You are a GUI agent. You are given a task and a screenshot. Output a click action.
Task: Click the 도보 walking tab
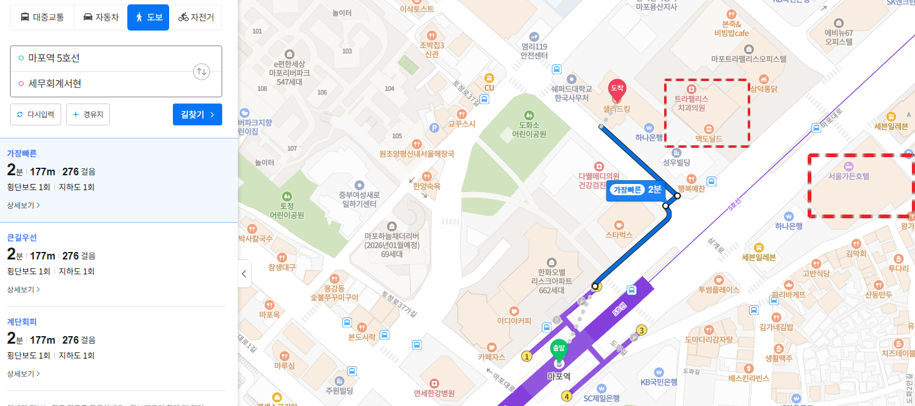pos(148,17)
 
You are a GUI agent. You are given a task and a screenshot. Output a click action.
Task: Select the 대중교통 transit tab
pos(42,17)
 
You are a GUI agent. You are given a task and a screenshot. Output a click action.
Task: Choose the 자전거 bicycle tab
pos(195,17)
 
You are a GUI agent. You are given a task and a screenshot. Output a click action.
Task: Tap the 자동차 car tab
pos(100,17)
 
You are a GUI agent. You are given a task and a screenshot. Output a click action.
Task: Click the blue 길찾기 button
pos(197,115)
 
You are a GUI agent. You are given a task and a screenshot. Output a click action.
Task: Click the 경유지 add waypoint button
pos(88,115)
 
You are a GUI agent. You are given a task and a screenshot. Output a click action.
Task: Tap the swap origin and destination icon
pos(202,71)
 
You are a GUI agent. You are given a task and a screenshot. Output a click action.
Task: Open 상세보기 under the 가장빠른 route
pos(24,205)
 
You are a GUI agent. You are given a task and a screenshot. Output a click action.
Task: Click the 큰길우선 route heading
pos(22,238)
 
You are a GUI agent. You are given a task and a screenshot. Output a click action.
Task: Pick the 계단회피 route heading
pos(22,322)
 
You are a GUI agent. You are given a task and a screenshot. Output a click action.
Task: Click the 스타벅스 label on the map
pos(619,235)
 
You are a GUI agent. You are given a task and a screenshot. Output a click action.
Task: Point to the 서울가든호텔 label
pos(848,176)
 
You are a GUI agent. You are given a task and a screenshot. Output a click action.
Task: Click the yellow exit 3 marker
pos(641,330)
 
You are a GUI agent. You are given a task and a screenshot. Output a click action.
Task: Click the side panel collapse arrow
pos(244,274)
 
